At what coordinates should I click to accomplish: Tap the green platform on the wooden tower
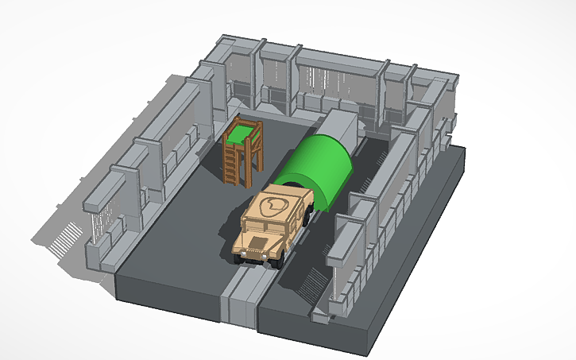click(x=242, y=130)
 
